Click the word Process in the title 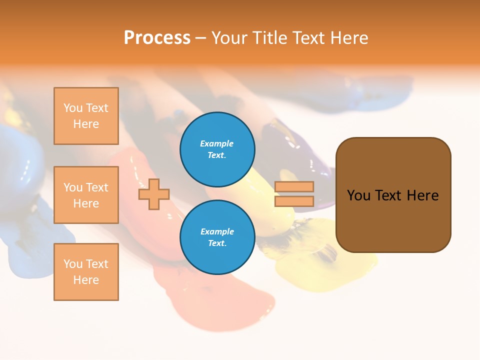pyautogui.click(x=157, y=38)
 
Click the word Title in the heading pyautogui.click(x=269, y=38)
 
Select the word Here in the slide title pyautogui.click(x=349, y=38)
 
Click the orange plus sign pyautogui.click(x=154, y=194)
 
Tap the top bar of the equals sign pyautogui.click(x=294, y=187)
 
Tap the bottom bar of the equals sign pyautogui.click(x=294, y=201)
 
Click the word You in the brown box pyautogui.click(x=359, y=195)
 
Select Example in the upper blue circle pyautogui.click(x=217, y=143)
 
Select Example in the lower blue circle pyautogui.click(x=217, y=231)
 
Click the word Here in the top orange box pyautogui.click(x=86, y=124)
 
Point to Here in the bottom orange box pyautogui.click(x=86, y=280)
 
